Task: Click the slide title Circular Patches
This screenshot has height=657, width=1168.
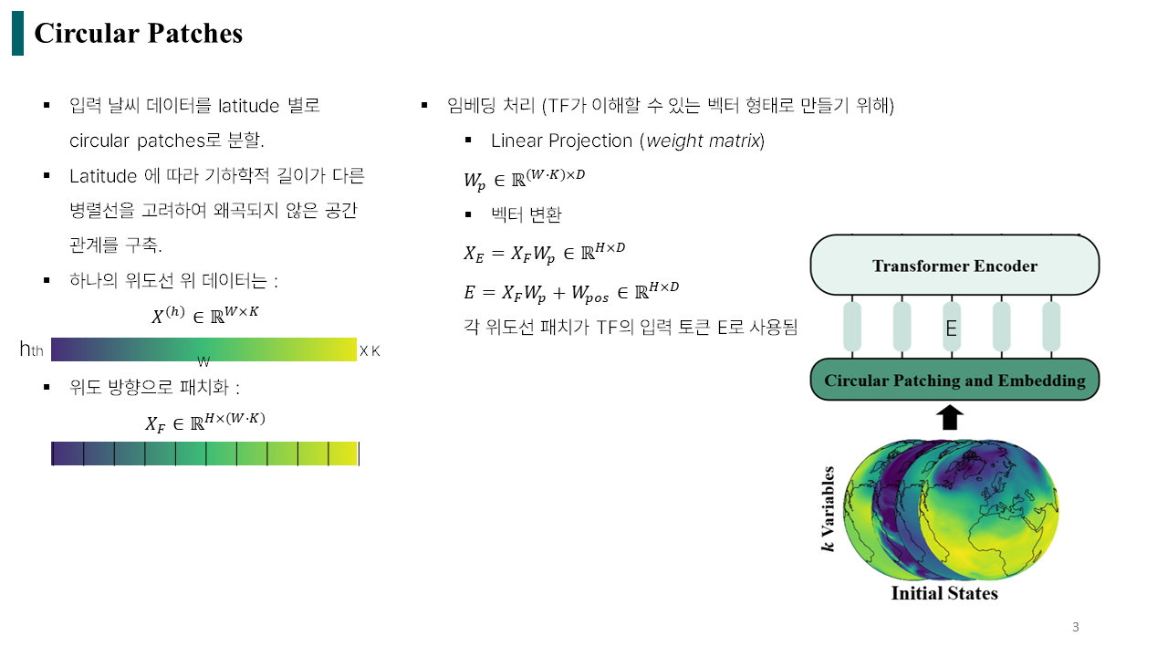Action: click(138, 34)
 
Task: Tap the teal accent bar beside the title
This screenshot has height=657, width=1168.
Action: click(17, 34)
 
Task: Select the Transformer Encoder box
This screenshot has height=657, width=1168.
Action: click(954, 265)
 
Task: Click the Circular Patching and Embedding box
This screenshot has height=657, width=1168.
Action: click(954, 380)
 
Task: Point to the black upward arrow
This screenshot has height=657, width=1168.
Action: click(950, 417)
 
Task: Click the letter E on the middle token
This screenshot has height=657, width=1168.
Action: click(951, 328)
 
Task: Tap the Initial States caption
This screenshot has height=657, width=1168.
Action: click(944, 593)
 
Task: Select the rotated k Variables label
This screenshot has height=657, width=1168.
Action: click(828, 509)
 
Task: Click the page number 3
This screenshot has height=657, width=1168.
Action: click(1075, 627)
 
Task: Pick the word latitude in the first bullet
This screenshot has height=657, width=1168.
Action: click(248, 106)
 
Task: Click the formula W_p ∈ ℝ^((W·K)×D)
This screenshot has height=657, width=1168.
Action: click(525, 179)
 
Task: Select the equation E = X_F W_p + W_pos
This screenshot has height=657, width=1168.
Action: click(571, 293)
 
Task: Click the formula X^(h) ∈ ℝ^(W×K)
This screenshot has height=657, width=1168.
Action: click(205, 315)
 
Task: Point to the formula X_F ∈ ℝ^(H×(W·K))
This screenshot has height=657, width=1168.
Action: click(205, 422)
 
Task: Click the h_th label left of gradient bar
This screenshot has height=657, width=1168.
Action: click(31, 349)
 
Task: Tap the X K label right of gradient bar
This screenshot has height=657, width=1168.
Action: click(370, 351)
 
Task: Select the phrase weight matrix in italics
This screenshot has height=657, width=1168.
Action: click(703, 141)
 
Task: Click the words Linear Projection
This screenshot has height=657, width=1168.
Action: click(561, 141)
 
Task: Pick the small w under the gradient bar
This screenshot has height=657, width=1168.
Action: click(203, 361)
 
